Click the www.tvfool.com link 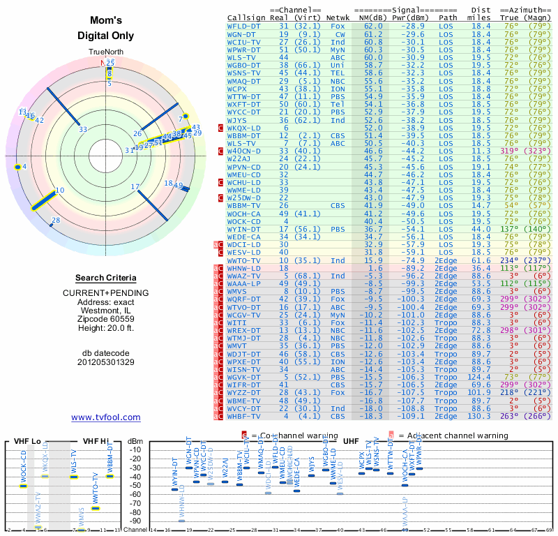[x=106, y=417]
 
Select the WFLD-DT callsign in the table [x=244, y=25]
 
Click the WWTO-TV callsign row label [x=244, y=260]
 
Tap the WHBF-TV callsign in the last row [x=244, y=416]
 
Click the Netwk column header [x=338, y=18]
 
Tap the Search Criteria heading [x=106, y=278]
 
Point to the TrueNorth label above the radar [x=106, y=53]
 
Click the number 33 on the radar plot [x=83, y=129]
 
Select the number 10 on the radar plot [x=59, y=190]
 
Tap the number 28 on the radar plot [x=56, y=221]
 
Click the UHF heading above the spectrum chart [x=352, y=440]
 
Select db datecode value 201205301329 [x=106, y=362]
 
